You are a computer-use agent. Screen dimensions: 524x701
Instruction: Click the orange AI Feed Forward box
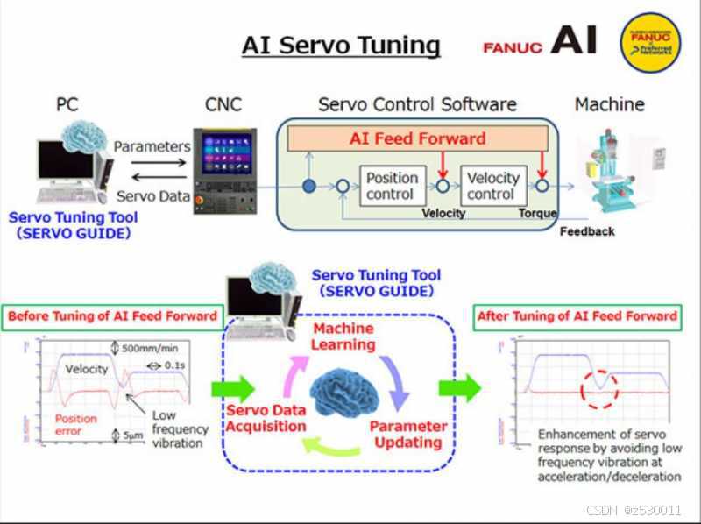[x=417, y=138]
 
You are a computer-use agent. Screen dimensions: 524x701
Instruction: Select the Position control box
[x=392, y=186]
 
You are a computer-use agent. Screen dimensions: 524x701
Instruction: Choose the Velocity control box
[x=492, y=186]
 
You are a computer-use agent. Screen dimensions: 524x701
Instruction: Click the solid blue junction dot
[x=308, y=186]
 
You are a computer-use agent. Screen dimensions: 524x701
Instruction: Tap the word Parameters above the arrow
[x=152, y=146]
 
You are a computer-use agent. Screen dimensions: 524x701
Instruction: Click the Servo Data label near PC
[x=153, y=196]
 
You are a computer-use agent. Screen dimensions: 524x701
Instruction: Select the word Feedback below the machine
[x=587, y=231]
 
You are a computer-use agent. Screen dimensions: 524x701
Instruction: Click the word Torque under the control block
[x=537, y=213]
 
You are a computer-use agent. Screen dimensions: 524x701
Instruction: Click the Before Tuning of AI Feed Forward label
[x=112, y=316]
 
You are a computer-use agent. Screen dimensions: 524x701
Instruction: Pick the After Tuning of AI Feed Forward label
[x=577, y=316]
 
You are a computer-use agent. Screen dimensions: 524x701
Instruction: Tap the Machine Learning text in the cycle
[x=343, y=336]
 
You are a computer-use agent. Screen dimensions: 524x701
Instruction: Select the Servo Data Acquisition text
[x=266, y=418]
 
